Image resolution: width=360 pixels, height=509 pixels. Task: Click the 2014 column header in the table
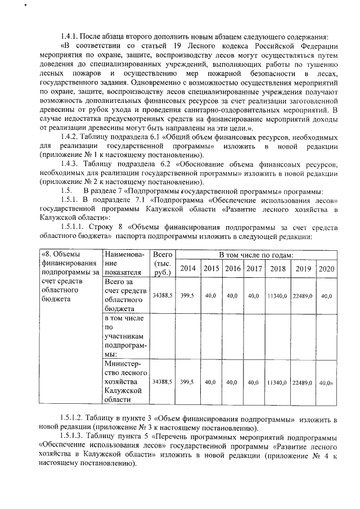pyautogui.click(x=188, y=268)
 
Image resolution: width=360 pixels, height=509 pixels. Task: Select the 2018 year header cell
pyautogui.click(x=278, y=268)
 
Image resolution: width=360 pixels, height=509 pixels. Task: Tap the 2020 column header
pyautogui.click(x=326, y=268)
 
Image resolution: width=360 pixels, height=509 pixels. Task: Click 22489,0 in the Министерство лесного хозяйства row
pyautogui.click(x=303, y=382)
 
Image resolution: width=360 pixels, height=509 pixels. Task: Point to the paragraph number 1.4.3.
pyautogui.click(x=71, y=164)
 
